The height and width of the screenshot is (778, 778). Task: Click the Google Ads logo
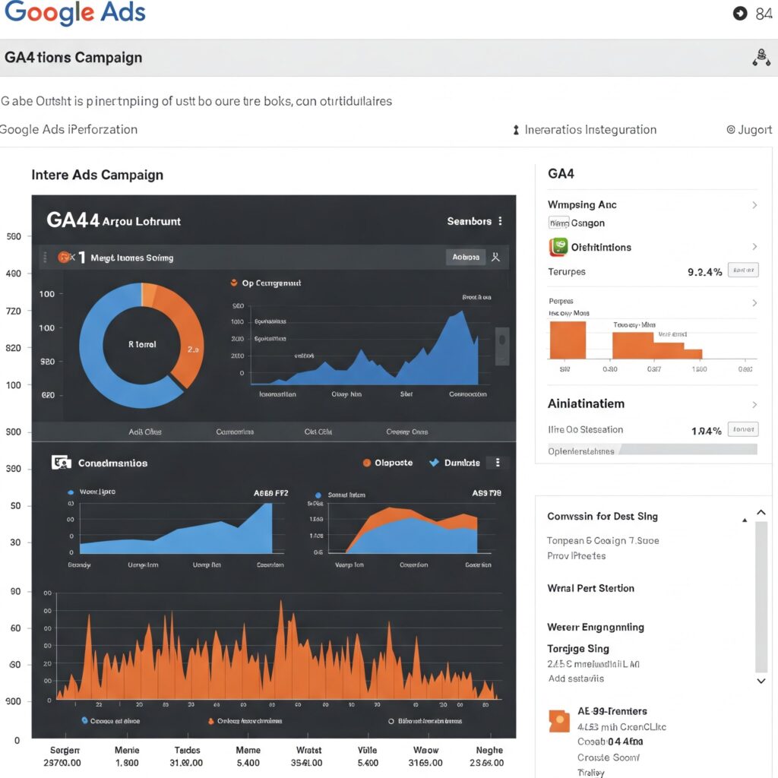74,13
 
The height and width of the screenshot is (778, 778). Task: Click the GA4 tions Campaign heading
73,58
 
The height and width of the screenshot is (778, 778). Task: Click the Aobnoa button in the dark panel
466,257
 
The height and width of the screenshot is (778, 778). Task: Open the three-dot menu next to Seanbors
500,221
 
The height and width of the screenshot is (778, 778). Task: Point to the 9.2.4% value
704,271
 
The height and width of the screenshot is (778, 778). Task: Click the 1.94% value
706,431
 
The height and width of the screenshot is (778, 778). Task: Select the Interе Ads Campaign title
97,175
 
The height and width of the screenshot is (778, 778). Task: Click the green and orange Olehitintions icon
558,247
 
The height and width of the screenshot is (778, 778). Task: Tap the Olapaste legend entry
387,463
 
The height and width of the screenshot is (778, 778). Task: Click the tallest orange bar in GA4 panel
568,340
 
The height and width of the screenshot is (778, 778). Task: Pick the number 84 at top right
764,14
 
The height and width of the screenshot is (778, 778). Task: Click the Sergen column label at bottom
64,750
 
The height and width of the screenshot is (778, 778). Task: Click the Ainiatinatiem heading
586,403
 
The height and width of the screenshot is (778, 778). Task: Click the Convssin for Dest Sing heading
602,517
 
